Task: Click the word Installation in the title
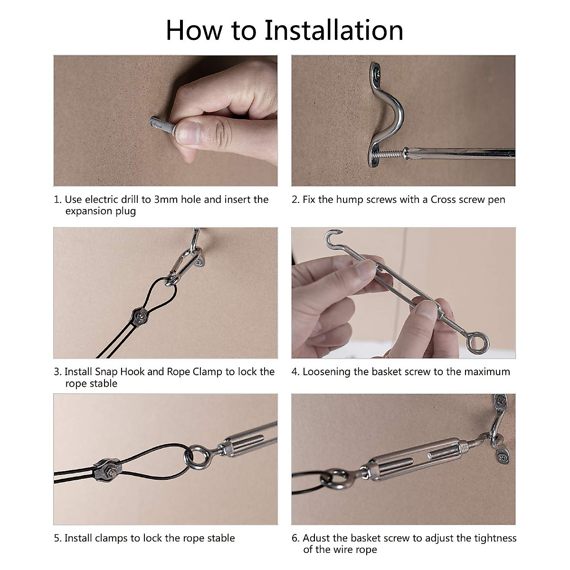pos(333,30)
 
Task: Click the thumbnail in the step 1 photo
pos(187,133)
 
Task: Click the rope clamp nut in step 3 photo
pos(140,317)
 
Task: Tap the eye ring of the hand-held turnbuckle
pos(477,343)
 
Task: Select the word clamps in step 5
pos(112,538)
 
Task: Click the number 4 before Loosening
pos(294,372)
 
